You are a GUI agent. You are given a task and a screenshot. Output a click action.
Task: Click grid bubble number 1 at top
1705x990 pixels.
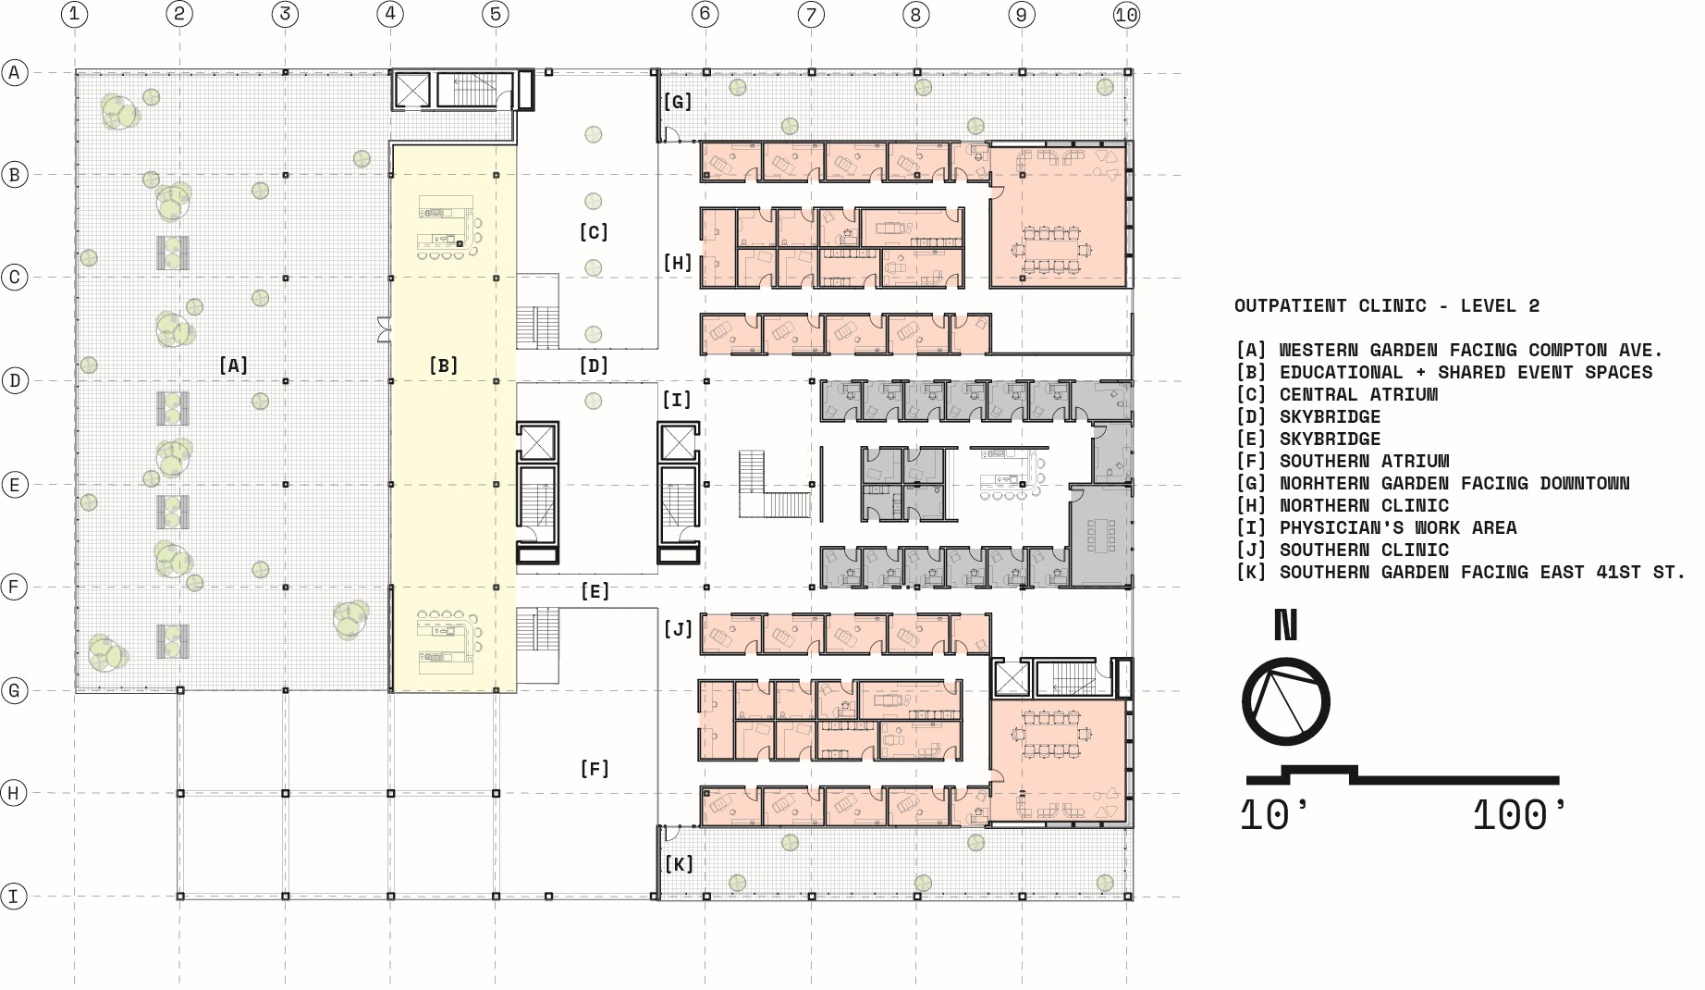pyautogui.click(x=75, y=14)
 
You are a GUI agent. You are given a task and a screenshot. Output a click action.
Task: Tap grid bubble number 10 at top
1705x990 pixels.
pyautogui.click(x=1126, y=14)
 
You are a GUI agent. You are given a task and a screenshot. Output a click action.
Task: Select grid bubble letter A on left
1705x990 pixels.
pyautogui.click(x=14, y=72)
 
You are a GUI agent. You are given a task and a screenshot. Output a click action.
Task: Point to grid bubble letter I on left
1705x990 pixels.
pyautogui.click(x=14, y=897)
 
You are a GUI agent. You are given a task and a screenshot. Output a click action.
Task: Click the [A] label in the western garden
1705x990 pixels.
pyautogui.click(x=234, y=365)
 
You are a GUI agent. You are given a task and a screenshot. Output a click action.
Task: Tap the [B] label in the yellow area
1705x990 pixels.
pyautogui.click(x=444, y=365)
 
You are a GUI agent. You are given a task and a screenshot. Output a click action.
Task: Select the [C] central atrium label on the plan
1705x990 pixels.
pyautogui.click(x=594, y=232)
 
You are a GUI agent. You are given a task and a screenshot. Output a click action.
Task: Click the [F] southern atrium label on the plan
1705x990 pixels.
pyautogui.click(x=595, y=769)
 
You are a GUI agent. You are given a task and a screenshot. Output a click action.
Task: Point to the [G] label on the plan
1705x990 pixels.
pyautogui.click(x=678, y=102)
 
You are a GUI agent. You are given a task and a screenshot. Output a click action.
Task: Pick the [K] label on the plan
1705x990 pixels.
pyautogui.click(x=680, y=864)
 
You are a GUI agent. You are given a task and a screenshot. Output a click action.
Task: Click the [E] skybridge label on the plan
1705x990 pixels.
pyautogui.click(x=595, y=591)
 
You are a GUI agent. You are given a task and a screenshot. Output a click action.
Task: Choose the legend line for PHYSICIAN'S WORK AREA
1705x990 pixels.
pyautogui.click(x=1377, y=528)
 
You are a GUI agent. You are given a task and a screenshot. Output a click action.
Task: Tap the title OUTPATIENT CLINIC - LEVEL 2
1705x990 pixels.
pyautogui.click(x=1387, y=306)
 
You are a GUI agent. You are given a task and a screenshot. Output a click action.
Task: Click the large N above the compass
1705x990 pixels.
pyautogui.click(x=1286, y=625)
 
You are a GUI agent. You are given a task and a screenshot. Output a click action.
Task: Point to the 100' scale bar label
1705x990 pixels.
pyautogui.click(x=1520, y=816)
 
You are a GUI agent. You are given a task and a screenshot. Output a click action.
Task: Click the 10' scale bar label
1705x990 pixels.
pyautogui.click(x=1275, y=816)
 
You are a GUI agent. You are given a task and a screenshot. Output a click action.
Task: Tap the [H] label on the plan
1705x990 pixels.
pyautogui.click(x=678, y=263)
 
